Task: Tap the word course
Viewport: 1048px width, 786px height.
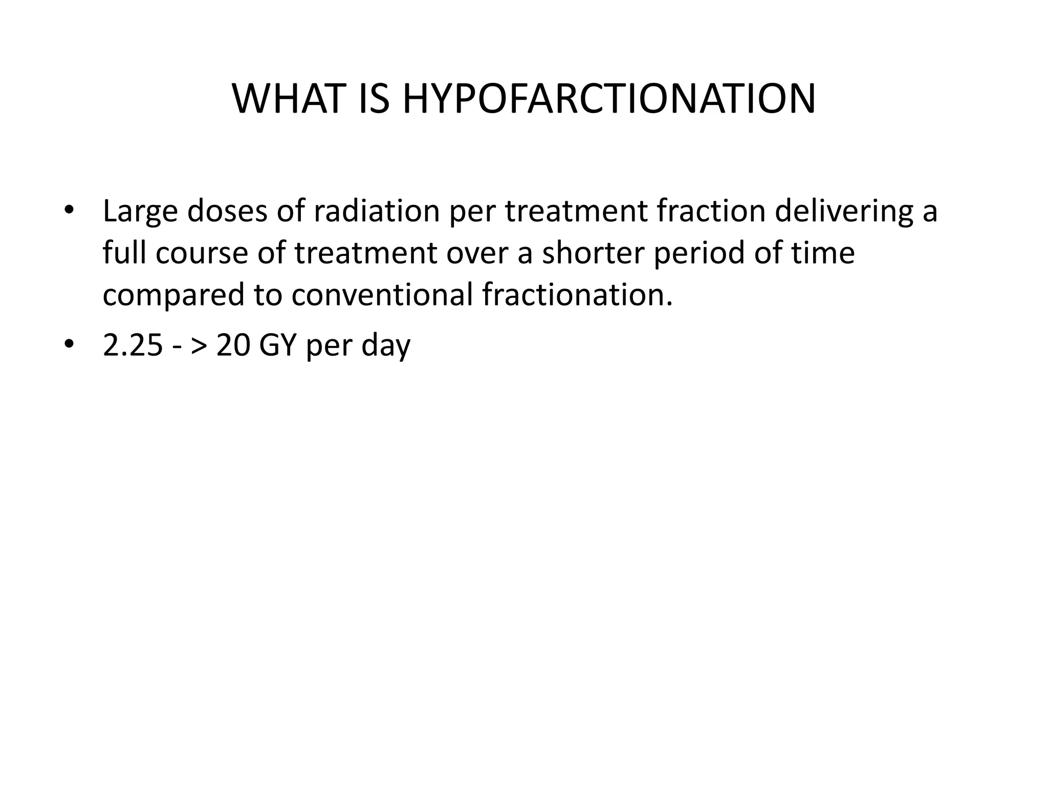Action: pyautogui.click(x=202, y=253)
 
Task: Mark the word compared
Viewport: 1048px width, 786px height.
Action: pyautogui.click(x=173, y=296)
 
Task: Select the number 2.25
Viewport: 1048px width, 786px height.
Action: pyautogui.click(x=133, y=346)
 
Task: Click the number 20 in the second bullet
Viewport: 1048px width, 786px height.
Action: pyautogui.click(x=233, y=346)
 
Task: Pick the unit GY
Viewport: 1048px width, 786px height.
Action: pyautogui.click(x=278, y=346)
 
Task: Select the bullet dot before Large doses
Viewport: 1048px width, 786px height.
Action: pyautogui.click(x=69, y=210)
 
